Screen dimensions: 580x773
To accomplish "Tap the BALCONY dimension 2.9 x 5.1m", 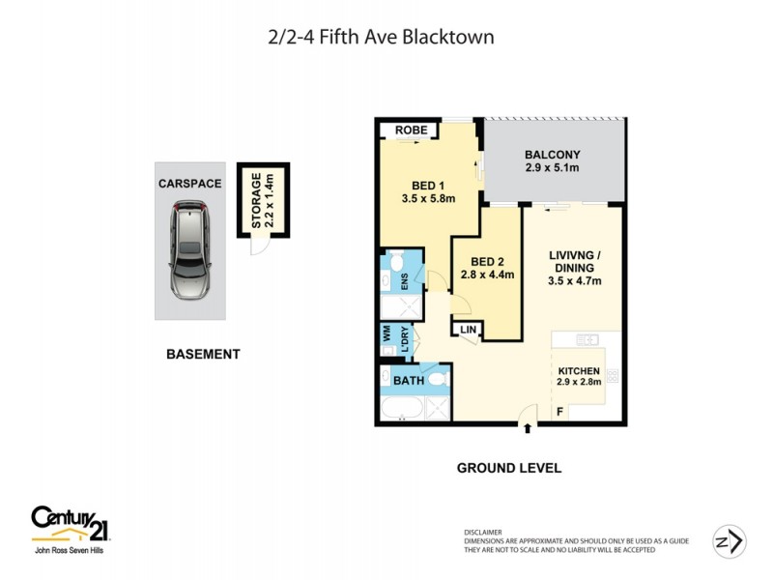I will (x=552, y=169).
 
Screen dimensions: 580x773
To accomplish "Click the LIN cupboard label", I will (x=469, y=331).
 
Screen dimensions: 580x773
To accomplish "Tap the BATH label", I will (x=409, y=382).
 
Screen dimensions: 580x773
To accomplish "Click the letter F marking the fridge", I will (x=559, y=413).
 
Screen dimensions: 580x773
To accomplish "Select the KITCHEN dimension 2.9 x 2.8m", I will (x=579, y=383).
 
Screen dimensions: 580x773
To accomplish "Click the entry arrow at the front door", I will (x=527, y=428).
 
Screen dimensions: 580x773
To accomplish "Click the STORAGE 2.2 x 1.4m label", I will (x=264, y=201).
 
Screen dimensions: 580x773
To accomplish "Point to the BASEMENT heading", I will (x=203, y=355).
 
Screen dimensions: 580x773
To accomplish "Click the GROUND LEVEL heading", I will (x=508, y=468).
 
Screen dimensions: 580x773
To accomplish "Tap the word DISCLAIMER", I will (x=482, y=532).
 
